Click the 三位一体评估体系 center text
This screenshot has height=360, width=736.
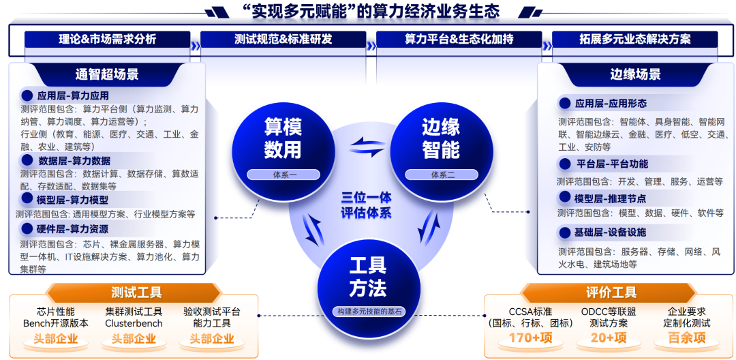[367, 205]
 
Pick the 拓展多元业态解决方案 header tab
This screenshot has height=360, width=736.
[634, 40]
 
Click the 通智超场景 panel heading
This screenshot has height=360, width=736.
[107, 74]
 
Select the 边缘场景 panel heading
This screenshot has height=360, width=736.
[635, 74]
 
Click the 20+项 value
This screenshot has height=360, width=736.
[609, 338]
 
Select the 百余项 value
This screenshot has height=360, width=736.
[686, 338]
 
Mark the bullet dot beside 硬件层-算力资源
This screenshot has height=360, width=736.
[27, 229]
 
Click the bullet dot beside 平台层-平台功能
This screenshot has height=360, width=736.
[564, 164]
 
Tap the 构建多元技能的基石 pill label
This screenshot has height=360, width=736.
[369, 312]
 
